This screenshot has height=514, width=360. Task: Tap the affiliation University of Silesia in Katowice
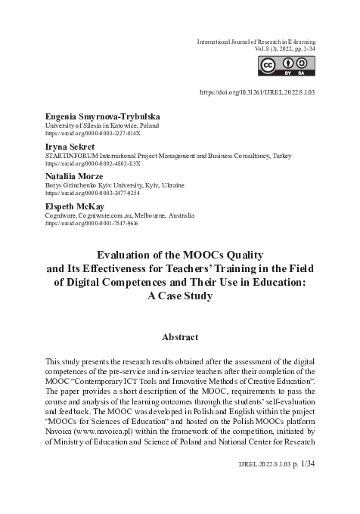click(98, 125)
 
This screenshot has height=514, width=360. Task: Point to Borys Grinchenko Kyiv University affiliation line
click(115, 184)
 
